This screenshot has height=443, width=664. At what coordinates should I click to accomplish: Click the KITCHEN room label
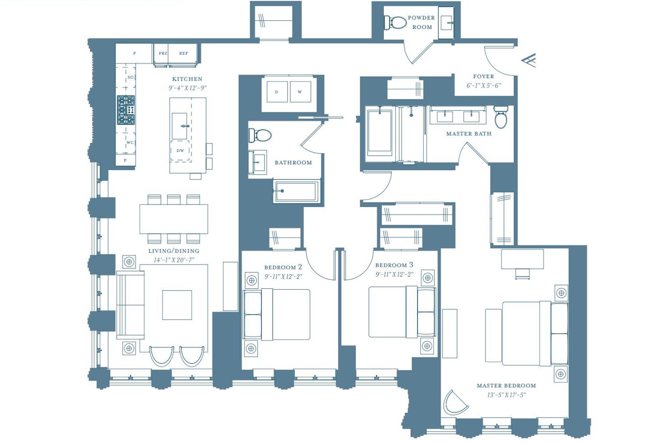[187, 79]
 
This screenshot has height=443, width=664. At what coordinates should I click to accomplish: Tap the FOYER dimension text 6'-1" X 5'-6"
[483, 86]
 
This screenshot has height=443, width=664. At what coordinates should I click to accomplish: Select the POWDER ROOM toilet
[395, 22]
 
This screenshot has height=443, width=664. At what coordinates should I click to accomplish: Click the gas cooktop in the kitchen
[126, 110]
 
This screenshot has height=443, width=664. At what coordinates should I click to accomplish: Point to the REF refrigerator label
[184, 54]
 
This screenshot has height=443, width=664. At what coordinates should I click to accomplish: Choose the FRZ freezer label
[163, 54]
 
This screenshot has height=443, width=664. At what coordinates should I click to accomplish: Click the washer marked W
[300, 92]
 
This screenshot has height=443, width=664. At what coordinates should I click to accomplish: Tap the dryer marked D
[277, 92]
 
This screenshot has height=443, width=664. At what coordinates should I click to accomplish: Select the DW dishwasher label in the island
[180, 151]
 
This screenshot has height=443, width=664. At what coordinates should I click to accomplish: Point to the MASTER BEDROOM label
[506, 386]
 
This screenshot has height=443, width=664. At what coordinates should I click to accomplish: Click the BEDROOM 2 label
[283, 267]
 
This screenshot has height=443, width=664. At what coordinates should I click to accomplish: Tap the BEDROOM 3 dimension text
[394, 275]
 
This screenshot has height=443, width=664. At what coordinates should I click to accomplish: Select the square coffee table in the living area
[177, 305]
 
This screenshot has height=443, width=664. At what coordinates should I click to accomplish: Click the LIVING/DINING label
[174, 251]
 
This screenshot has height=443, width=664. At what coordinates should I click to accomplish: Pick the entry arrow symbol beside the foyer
[529, 60]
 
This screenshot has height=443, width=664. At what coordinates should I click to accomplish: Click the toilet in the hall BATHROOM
[260, 136]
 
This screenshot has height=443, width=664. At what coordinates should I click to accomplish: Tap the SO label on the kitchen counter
[131, 78]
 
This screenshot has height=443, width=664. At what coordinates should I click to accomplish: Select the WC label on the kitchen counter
[130, 143]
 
